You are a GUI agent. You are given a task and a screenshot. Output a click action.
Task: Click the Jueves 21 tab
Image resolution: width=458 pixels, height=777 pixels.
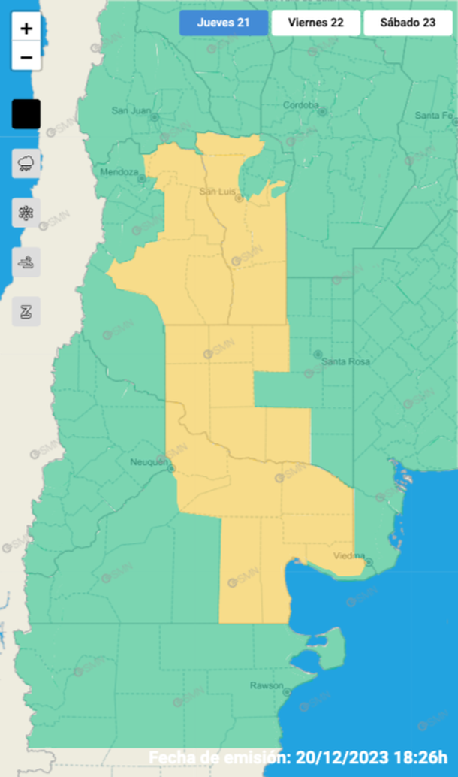(223, 23)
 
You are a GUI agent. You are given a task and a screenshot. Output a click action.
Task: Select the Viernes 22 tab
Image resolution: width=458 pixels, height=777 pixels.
(315, 23)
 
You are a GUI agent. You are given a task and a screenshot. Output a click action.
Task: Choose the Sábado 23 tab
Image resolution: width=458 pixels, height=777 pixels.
(408, 23)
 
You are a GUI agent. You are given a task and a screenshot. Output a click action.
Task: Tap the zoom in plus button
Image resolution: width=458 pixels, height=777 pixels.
(26, 29)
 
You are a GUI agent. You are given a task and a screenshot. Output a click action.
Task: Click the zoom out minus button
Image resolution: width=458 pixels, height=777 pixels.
(26, 57)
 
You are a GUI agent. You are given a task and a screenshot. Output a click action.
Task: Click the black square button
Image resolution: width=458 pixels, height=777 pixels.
(26, 114)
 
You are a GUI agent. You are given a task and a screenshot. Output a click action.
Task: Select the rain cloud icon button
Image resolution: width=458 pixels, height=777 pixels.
(26, 163)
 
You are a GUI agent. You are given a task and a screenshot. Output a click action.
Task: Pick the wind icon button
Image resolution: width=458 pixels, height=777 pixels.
(26, 262)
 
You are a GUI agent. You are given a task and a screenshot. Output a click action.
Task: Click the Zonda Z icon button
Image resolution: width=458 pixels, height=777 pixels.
(26, 311)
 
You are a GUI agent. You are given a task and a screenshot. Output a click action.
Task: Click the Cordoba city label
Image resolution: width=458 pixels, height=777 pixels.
(300, 105)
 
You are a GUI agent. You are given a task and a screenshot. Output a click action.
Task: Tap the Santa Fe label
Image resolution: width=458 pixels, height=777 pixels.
(434, 115)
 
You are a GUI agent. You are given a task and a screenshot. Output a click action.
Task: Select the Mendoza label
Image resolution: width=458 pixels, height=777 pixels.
(119, 172)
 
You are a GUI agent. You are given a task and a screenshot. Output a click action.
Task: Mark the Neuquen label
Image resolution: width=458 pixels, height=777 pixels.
(148, 462)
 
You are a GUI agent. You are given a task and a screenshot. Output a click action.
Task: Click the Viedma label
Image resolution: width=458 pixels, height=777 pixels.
(348, 556)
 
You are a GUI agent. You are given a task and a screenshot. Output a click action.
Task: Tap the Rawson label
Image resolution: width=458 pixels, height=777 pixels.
(267, 686)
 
